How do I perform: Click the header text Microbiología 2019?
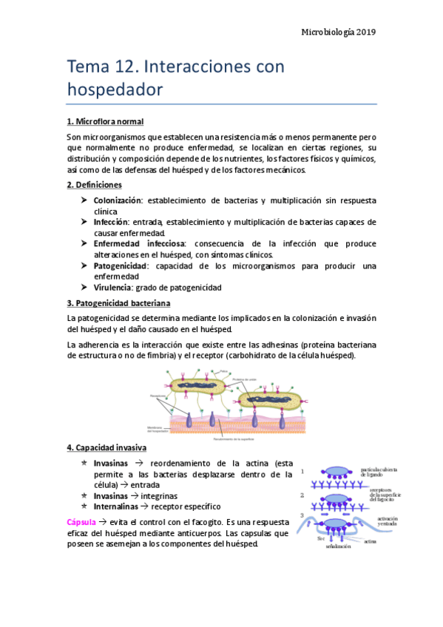[x=340, y=33]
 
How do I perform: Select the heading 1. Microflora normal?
[x=105, y=121]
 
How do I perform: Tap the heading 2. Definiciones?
[x=95, y=184]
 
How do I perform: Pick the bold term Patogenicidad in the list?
[x=121, y=265]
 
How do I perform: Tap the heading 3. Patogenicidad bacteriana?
[x=118, y=303]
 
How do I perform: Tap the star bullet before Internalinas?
[x=84, y=506]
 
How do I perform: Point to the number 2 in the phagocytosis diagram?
[x=302, y=495]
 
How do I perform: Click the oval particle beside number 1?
[x=340, y=470]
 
